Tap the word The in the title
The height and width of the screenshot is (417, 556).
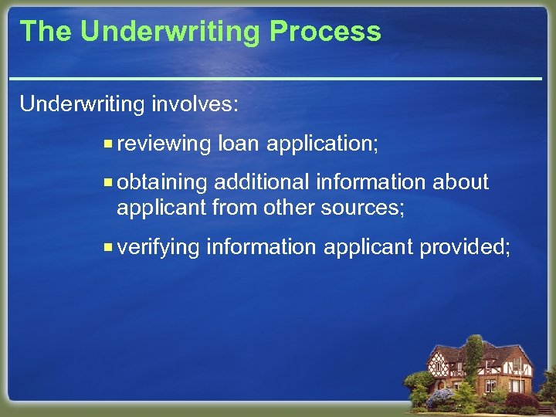(x=46, y=32)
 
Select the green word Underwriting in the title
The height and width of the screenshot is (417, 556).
(x=171, y=32)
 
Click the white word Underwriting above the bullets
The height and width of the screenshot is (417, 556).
(x=83, y=104)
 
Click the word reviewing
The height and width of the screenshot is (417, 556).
(x=164, y=144)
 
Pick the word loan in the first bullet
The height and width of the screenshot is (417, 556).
(x=237, y=144)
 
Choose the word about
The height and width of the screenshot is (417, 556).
(x=461, y=182)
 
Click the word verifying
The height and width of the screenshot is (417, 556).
(x=159, y=247)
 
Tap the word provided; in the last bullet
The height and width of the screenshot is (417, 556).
(x=465, y=247)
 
